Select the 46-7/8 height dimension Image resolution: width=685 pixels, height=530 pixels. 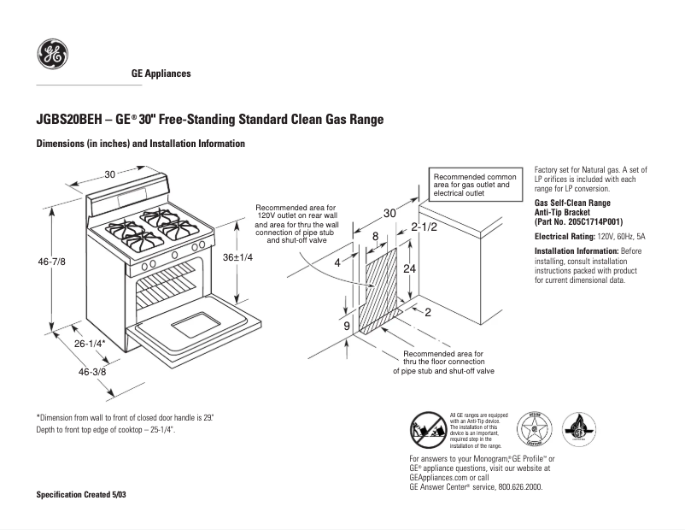(51, 262)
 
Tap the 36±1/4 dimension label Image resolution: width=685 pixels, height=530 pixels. (238, 257)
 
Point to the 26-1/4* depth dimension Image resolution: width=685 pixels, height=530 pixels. (89, 343)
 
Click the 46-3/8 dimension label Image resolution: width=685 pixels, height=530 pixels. (93, 372)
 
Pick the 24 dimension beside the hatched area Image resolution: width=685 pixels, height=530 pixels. (410, 268)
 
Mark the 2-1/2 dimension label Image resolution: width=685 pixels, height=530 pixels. (424, 227)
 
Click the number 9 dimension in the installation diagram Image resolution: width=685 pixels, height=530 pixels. (347, 327)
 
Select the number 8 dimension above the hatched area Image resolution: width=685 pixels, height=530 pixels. (374, 236)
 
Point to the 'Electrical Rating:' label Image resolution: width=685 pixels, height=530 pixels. (562, 236)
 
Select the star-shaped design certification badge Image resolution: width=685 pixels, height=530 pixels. (535, 429)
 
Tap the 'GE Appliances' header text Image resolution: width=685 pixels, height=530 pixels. (161, 74)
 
